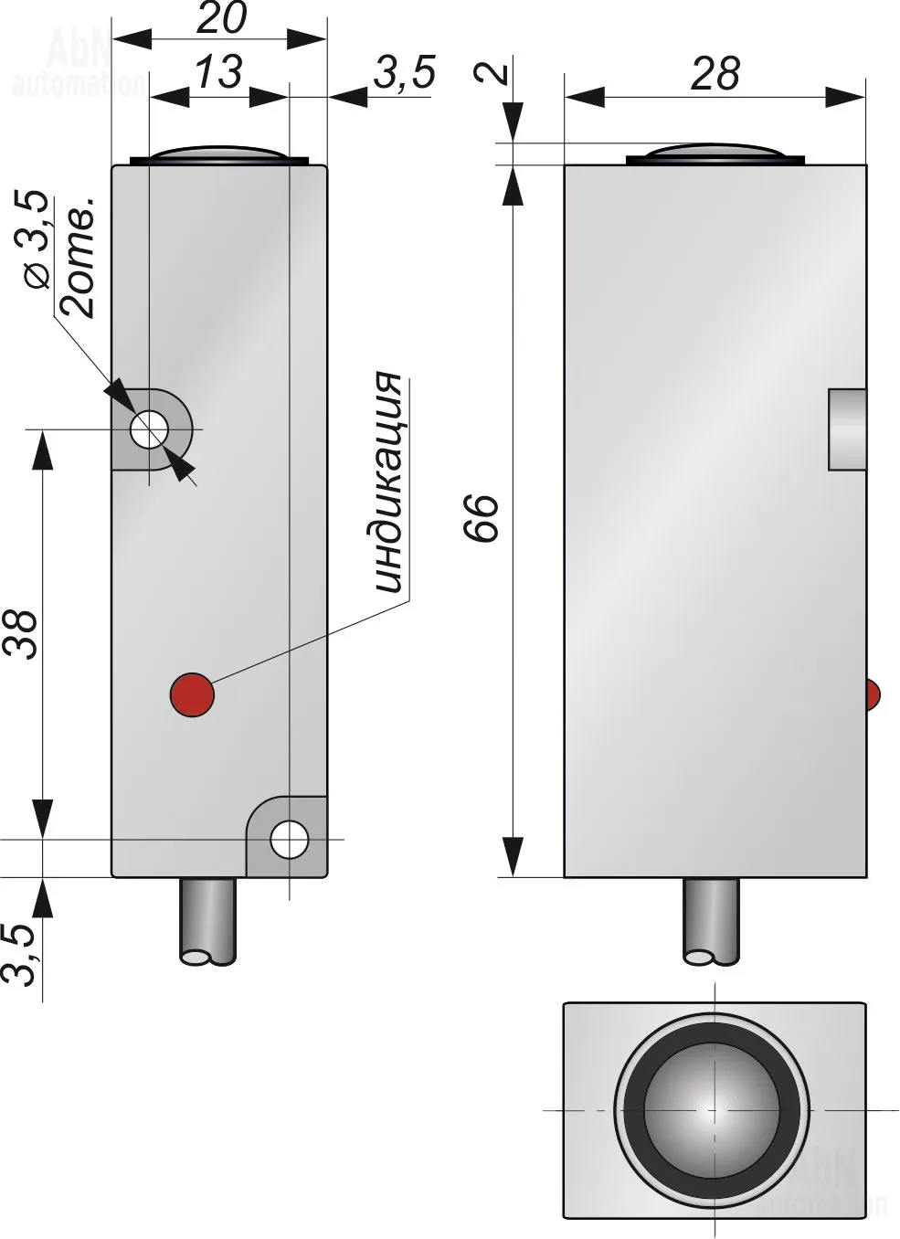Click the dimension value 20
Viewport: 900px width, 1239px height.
pyautogui.click(x=221, y=17)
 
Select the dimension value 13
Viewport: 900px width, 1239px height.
pyautogui.click(x=219, y=72)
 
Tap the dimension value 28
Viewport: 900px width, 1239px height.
pyautogui.click(x=715, y=73)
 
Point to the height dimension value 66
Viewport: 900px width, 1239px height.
pyautogui.click(x=481, y=518)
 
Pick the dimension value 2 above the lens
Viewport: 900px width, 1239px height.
pyautogui.click(x=492, y=72)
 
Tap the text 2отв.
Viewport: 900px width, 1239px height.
pyautogui.click(x=77, y=258)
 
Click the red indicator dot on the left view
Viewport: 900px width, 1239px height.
pyautogui.click(x=192, y=694)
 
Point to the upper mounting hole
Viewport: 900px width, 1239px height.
pyautogui.click(x=149, y=429)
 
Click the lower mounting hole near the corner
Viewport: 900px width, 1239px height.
pyautogui.click(x=290, y=840)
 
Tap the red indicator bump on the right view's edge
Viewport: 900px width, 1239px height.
pyautogui.click(x=873, y=694)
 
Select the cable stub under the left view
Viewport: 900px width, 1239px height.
pyautogui.click(x=208, y=922)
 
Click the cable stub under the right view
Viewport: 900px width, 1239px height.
pyautogui.click(x=712, y=922)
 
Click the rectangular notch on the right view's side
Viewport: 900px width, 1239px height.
pyautogui.click(x=847, y=429)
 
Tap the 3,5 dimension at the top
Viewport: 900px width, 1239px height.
pyautogui.click(x=405, y=72)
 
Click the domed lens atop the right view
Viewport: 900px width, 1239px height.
pyautogui.click(x=715, y=154)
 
